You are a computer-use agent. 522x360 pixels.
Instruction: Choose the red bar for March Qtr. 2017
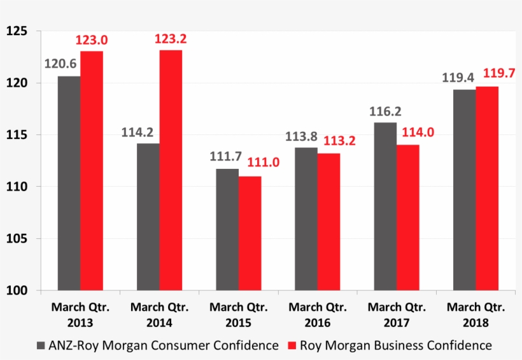408,217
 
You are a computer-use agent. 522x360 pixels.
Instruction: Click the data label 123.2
171,40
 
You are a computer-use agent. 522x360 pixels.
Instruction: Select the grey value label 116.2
386,111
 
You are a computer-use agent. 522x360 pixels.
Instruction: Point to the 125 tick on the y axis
17,31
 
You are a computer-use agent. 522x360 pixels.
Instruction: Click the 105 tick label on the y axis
17,239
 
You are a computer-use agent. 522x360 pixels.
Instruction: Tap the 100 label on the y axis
17,291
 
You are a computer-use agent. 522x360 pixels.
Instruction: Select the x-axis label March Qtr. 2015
238,315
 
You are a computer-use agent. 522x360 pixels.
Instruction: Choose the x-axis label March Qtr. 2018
476,315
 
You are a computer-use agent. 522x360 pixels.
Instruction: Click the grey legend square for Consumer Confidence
41,346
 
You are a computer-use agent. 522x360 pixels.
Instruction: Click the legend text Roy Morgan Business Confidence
395,345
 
